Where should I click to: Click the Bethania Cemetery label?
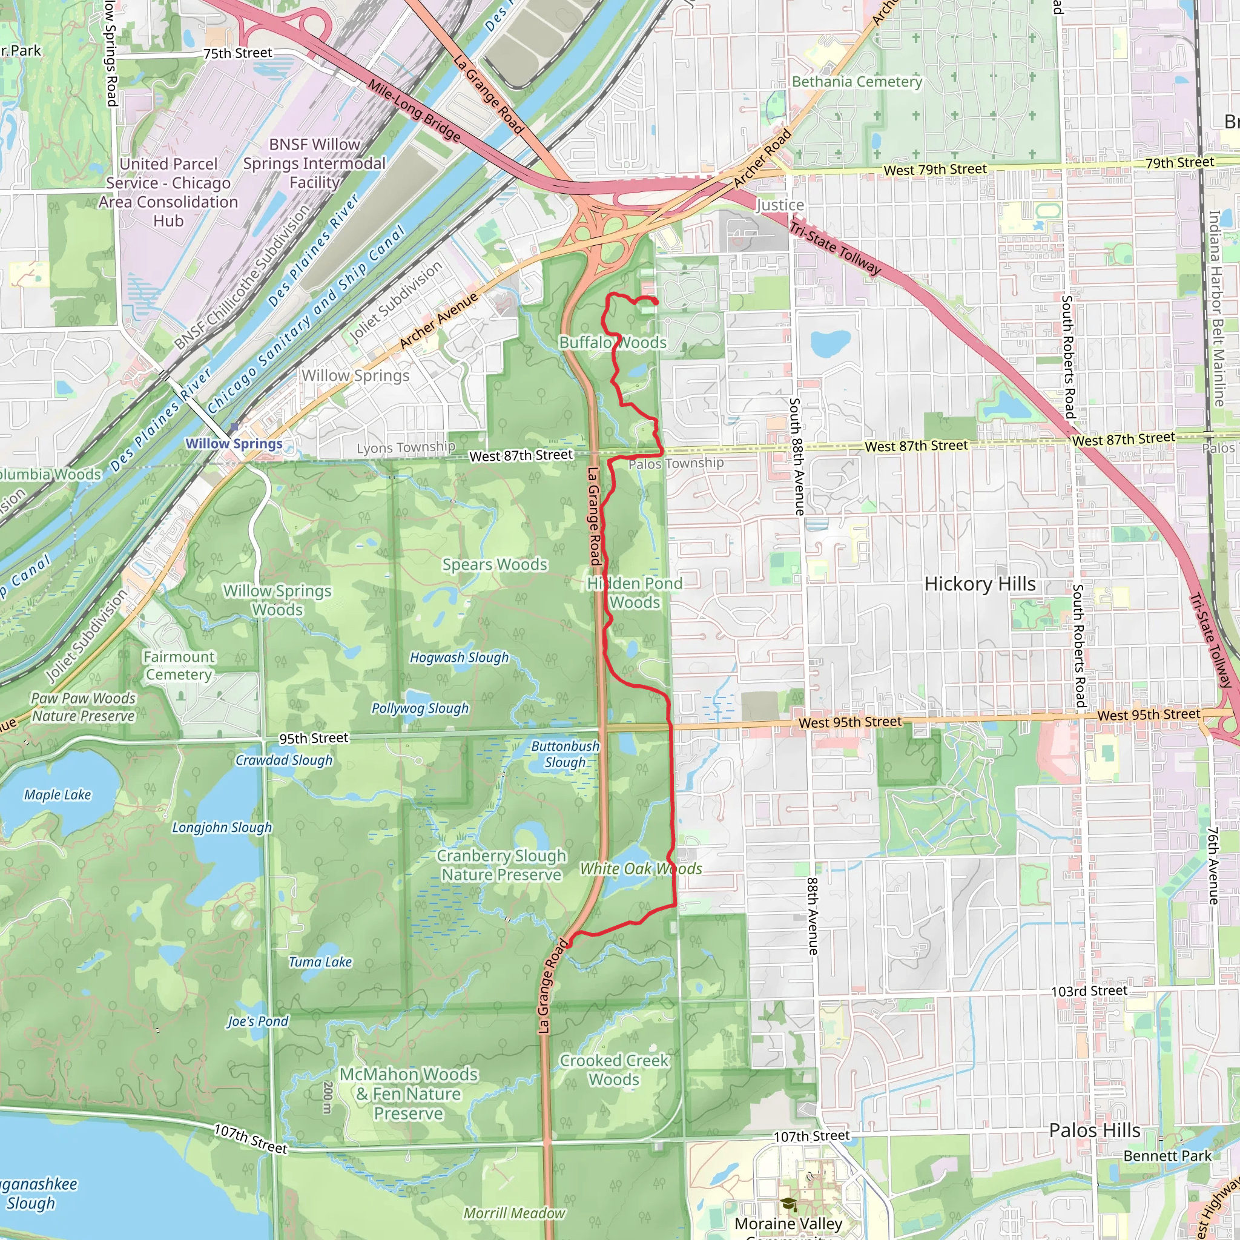(856, 82)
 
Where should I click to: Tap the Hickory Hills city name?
(980, 584)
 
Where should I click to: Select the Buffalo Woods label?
(612, 342)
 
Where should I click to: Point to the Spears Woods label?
(494, 564)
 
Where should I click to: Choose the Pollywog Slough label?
(420, 708)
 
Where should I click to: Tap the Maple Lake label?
(58, 794)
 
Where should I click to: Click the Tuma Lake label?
(320, 961)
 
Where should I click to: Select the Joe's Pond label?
(257, 1021)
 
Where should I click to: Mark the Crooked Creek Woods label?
(613, 1070)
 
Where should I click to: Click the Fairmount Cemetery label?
(179, 665)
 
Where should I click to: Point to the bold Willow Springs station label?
(234, 443)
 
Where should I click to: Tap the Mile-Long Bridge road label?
(414, 110)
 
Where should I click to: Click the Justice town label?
(779, 205)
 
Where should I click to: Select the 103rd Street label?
(1089, 991)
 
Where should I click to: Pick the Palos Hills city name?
(1094, 1130)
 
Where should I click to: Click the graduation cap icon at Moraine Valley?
(788, 1204)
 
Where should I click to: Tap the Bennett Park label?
(1167, 1155)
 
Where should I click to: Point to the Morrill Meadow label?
(514, 1213)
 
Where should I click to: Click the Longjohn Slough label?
(222, 827)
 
